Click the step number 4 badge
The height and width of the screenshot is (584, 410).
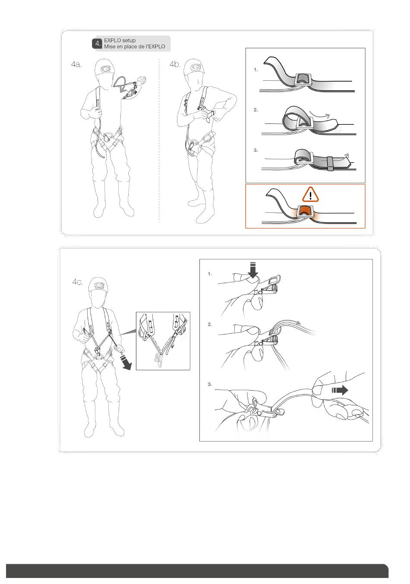coord(97,44)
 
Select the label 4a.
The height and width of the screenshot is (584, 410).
coord(76,64)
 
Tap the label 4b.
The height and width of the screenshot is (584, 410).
coord(175,64)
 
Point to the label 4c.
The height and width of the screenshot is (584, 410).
coord(77,282)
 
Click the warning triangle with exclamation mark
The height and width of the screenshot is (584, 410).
coord(310,195)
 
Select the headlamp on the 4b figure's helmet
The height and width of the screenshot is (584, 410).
coord(196,67)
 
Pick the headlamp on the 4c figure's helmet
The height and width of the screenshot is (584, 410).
coord(99,286)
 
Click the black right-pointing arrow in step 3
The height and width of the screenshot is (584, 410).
coord(340,390)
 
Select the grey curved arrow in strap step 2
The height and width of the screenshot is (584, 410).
coord(319,114)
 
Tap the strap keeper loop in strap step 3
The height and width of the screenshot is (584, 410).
coord(330,164)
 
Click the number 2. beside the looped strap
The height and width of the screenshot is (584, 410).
coord(255,110)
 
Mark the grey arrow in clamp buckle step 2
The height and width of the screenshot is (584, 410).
coord(287,323)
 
